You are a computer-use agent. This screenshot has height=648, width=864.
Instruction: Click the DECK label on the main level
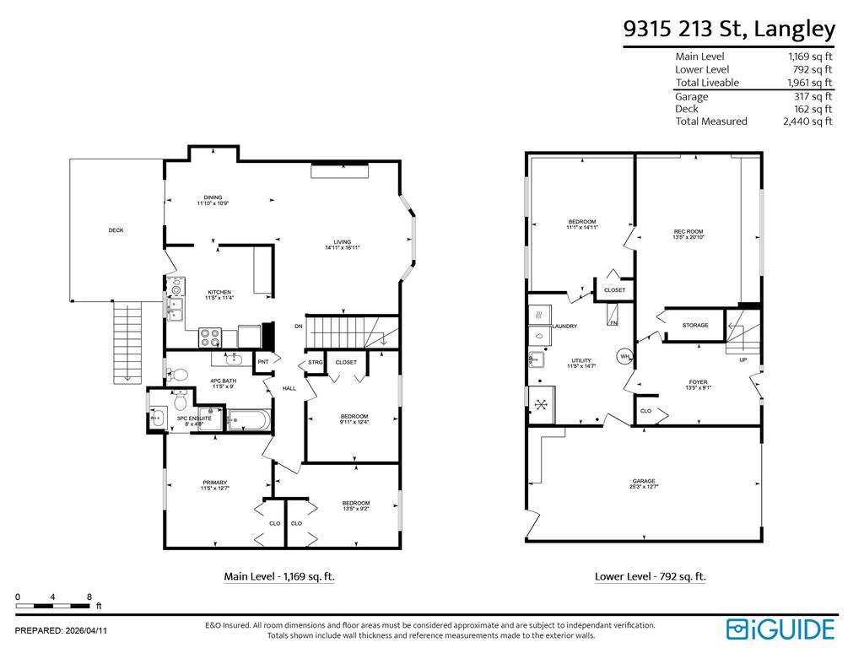pos(116,230)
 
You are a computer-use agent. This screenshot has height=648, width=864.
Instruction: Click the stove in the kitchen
pos(210,337)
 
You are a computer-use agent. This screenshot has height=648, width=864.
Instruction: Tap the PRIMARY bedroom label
pos(214,484)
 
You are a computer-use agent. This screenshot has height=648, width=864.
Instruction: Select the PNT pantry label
pos(262,362)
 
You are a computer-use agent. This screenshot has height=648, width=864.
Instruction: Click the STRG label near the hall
pos(315,363)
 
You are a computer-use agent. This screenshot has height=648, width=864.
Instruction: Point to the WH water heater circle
pos(625,355)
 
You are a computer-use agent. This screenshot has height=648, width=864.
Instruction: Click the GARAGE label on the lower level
pos(643,483)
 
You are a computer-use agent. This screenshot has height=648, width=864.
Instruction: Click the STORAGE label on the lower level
pos(695,325)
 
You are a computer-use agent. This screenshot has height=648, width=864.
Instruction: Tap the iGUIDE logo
pos(780,629)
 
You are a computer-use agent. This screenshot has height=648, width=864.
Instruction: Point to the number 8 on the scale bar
pos(89,597)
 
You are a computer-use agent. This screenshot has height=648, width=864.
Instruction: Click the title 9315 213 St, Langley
pos(729,30)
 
